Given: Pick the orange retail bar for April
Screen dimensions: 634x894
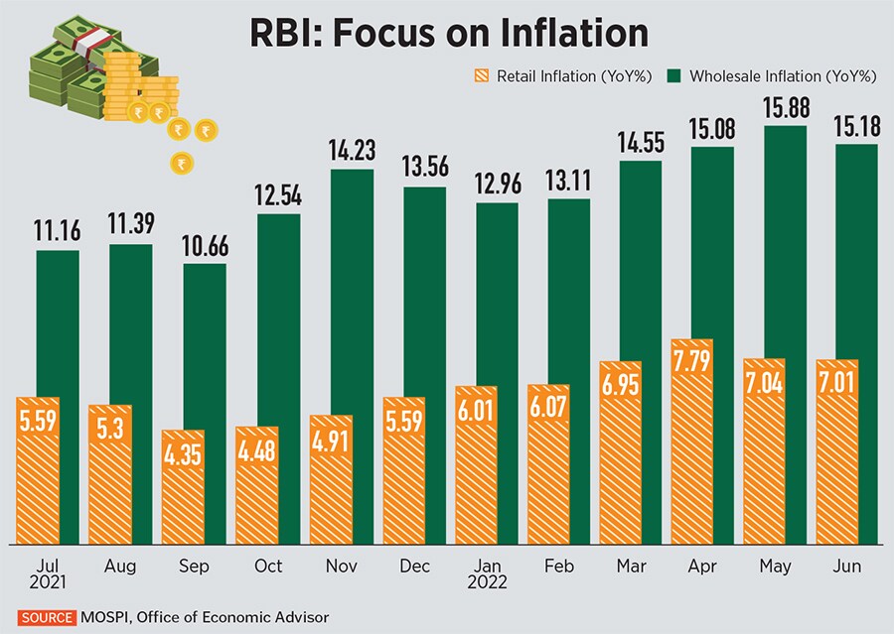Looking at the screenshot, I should coord(692,446).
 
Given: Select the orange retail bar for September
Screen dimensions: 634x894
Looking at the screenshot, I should coord(182,491).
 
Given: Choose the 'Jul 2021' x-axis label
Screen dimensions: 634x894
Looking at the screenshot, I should coord(40,574).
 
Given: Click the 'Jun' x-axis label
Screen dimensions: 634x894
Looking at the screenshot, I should coord(847,566).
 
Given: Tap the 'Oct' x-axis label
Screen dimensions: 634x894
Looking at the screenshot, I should coord(268,566).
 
